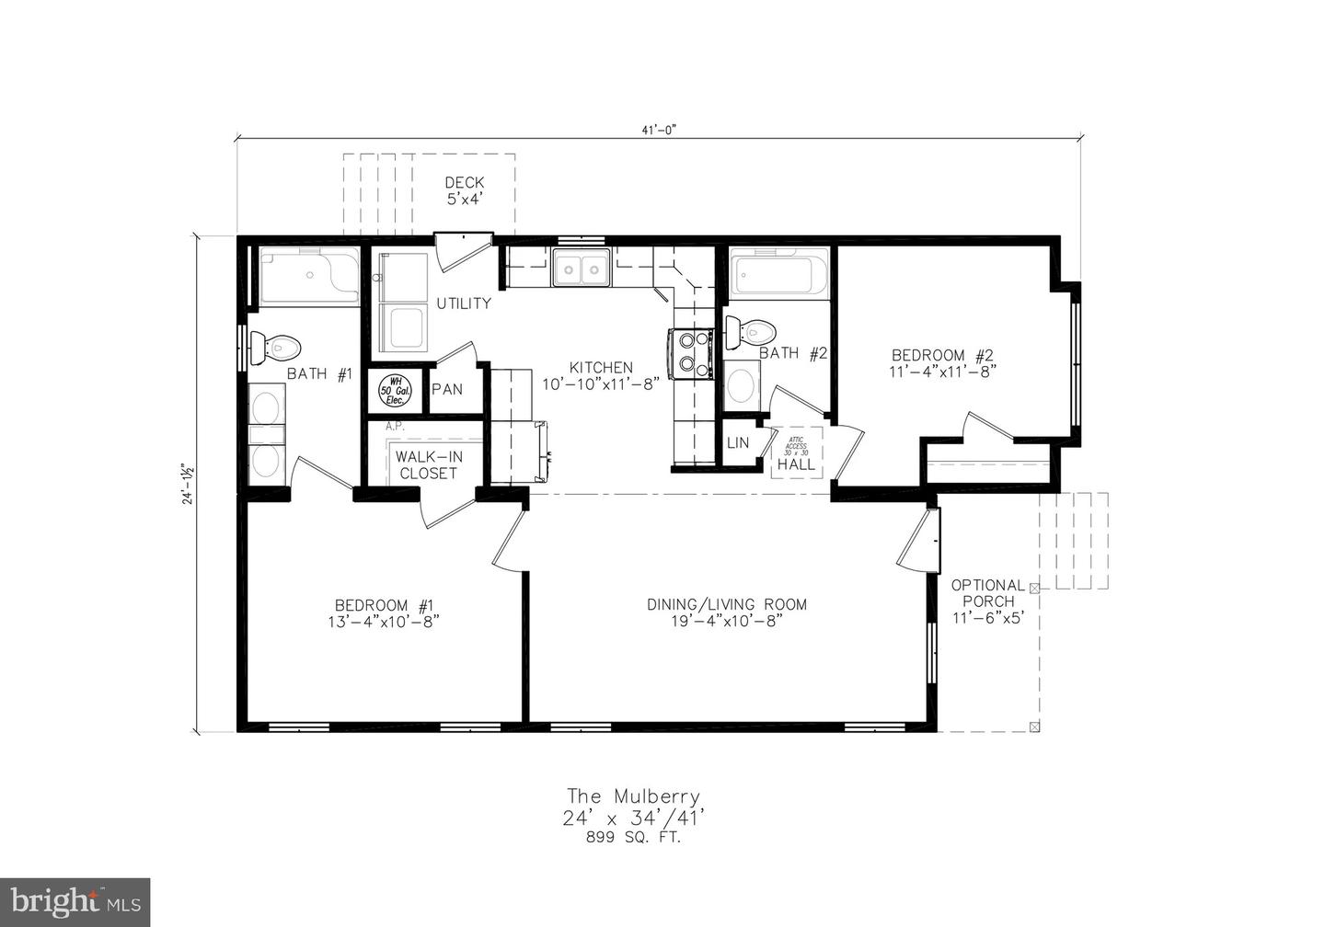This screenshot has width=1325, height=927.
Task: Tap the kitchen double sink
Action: coord(582,270)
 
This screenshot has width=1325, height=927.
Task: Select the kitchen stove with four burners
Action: coord(692,353)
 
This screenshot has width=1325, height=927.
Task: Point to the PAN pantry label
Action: coord(447,389)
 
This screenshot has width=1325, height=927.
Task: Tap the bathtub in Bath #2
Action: coord(779,274)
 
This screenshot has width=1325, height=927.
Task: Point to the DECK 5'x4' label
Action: coord(465,190)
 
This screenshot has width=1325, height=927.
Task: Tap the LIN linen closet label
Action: coord(738,442)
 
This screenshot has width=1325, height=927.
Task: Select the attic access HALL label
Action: coord(796,464)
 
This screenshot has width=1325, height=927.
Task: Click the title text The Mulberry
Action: coord(633,796)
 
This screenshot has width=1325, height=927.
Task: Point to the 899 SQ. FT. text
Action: coord(633,837)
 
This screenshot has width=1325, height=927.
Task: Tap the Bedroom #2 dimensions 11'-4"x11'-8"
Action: coord(943,372)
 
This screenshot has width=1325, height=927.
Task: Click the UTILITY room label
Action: coord(464,303)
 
